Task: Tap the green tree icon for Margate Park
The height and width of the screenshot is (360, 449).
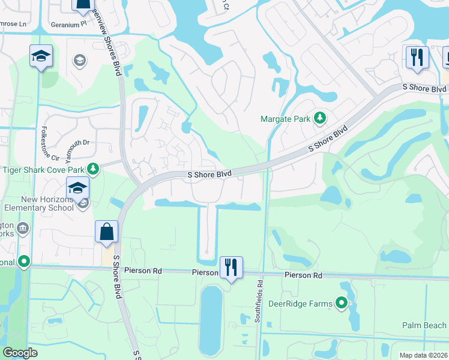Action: coord(321,118)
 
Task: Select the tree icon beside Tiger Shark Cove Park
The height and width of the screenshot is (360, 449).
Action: coord(92,169)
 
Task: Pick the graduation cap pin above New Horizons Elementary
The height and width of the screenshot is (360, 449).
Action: coord(77,188)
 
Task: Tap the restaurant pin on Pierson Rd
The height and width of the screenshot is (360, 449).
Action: coord(231,267)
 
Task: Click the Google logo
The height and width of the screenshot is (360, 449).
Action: coord(20,353)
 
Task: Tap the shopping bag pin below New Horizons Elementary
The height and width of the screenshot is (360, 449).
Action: coord(106,232)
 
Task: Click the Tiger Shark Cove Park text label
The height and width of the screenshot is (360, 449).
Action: coord(46,169)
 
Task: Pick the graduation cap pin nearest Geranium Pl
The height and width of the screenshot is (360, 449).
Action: coord(41,57)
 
